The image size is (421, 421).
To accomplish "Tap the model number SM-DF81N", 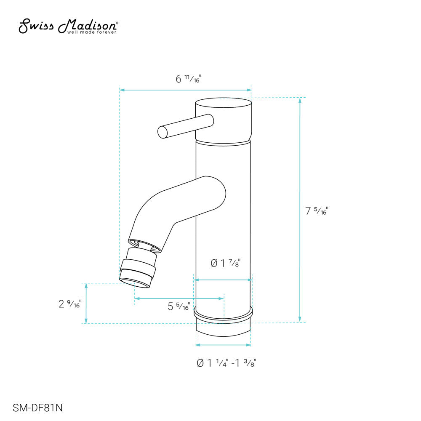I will click(x=38, y=408).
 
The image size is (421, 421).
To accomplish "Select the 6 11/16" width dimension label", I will click(x=186, y=79).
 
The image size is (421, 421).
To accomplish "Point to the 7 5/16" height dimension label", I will click(x=317, y=211).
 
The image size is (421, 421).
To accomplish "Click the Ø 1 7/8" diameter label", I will click(x=228, y=264).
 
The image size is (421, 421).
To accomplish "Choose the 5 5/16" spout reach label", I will click(x=179, y=306).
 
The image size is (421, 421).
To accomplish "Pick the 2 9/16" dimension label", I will click(x=69, y=304).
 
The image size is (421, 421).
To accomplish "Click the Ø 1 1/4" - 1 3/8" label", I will click(x=226, y=363).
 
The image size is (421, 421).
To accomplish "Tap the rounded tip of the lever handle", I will click(x=162, y=132).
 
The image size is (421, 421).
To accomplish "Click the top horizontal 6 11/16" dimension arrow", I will click(x=185, y=90).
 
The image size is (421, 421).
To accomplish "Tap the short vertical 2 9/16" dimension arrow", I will click(x=86, y=303).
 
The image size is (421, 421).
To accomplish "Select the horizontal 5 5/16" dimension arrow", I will click(x=179, y=298).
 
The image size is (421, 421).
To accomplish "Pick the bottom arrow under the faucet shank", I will click(x=223, y=345).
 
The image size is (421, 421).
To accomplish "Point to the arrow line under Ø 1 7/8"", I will click(x=223, y=279).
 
